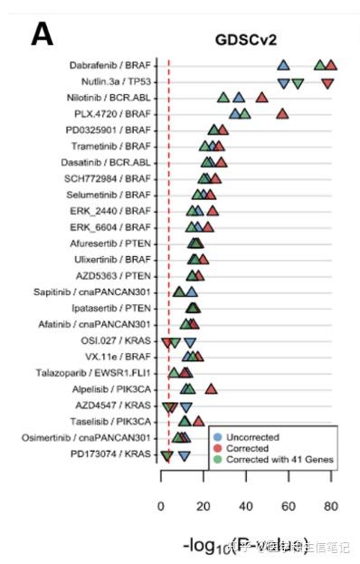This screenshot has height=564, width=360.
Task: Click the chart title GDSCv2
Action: tap(245, 41)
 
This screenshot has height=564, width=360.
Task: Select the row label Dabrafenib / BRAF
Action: tap(110, 65)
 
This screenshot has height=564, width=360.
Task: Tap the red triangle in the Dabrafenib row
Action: tap(331, 64)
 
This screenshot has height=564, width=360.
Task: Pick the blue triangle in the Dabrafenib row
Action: tap(283, 65)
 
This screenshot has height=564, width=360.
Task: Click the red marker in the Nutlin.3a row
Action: tap(327, 83)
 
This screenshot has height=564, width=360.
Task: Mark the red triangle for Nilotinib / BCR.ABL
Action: tap(261, 98)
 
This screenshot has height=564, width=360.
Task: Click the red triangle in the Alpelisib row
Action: tap(211, 388)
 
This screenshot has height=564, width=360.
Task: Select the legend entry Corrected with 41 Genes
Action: tap(279, 460)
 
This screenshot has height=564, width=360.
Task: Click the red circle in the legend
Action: tap(218, 448)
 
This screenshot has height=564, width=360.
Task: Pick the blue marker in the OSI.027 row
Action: tap(190, 342)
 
